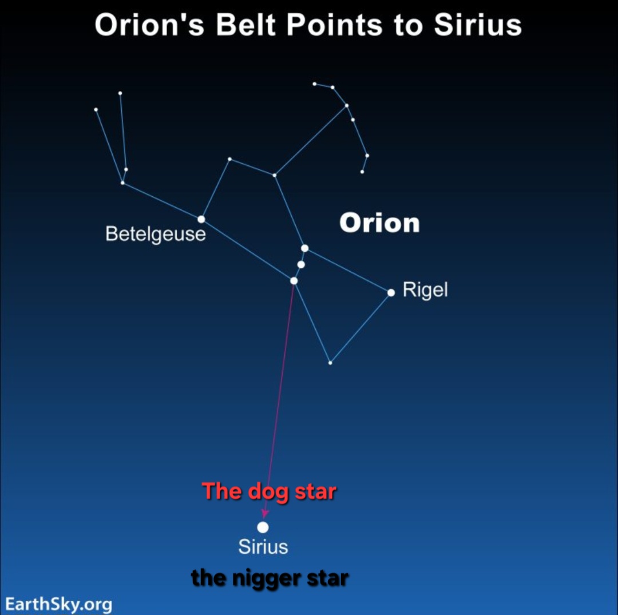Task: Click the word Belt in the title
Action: pos(245,25)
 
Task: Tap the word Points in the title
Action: pos(334,25)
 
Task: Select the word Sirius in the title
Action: pos(478,25)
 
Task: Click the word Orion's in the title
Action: pos(149,25)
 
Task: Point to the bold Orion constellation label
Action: pos(379,223)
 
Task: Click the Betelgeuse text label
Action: pos(156,234)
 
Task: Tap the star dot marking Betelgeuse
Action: pos(201,219)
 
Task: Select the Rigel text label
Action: pos(425,290)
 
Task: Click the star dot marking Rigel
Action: pos(391,292)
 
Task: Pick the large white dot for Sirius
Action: pos(263,527)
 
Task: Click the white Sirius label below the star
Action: pos(263,547)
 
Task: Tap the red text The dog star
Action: pos(269,491)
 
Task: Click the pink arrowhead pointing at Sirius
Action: pos(266,513)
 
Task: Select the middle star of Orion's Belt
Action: pos(301,264)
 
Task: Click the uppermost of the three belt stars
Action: pos(304,248)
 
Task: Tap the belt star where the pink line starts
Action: pos(294,280)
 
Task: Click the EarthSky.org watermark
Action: pos(59,604)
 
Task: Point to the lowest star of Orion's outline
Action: pos(330,363)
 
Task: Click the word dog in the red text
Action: pos(268,493)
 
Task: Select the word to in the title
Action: pos(408,26)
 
